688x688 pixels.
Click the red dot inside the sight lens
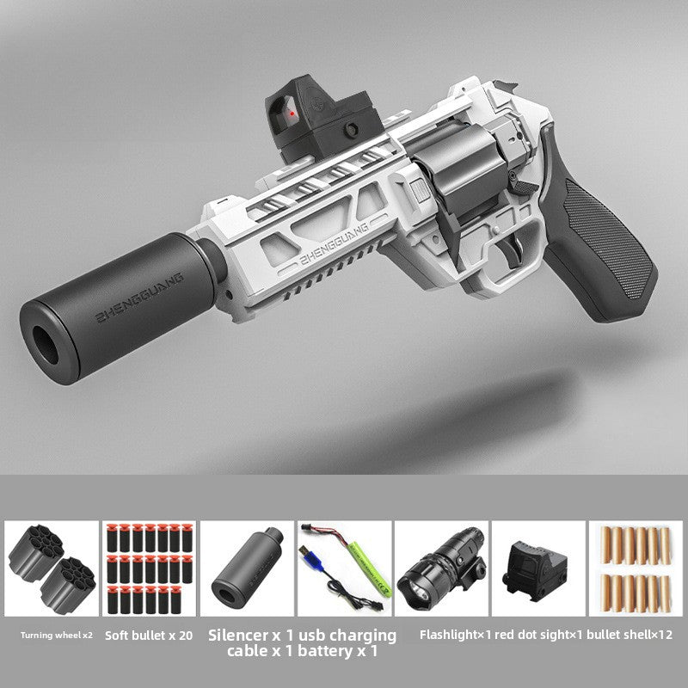point(292,114)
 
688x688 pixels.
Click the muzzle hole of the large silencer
point(45,345)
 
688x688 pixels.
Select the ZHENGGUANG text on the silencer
point(138,298)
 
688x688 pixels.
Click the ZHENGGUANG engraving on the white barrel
point(334,245)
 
